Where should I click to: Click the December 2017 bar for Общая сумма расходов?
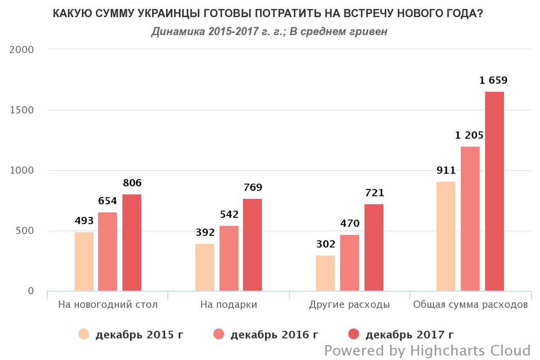click(x=494, y=191)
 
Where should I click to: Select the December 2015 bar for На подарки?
click(x=205, y=267)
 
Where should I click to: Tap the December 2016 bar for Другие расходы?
click(x=350, y=263)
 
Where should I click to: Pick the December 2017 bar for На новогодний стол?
click(x=132, y=243)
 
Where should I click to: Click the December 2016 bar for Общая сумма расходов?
click(x=470, y=219)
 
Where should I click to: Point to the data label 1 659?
click(x=493, y=81)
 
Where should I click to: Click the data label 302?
click(x=326, y=244)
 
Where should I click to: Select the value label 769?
click(x=252, y=188)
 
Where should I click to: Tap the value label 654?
click(x=108, y=201)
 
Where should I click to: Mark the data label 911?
click(x=446, y=171)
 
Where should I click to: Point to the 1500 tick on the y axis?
click(x=22, y=110)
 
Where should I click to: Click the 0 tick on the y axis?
click(x=31, y=291)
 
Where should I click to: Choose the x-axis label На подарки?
click(x=229, y=305)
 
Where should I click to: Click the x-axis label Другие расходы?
click(x=349, y=305)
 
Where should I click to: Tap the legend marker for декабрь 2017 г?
click(x=354, y=334)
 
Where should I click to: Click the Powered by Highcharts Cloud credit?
click(x=427, y=351)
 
